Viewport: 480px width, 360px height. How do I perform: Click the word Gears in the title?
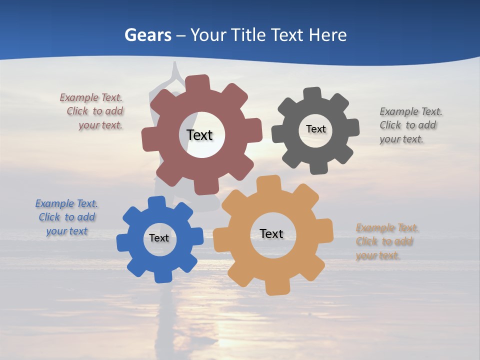[147, 35]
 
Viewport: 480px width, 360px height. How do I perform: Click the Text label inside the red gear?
[199, 135]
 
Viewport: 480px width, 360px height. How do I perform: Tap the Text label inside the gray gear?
[315, 129]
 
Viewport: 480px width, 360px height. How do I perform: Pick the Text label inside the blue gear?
[159, 238]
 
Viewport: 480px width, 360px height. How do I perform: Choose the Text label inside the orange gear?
[271, 233]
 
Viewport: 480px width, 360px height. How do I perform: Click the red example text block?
[92, 111]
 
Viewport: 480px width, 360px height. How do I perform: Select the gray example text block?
[410, 125]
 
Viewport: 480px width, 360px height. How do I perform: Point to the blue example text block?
[67, 217]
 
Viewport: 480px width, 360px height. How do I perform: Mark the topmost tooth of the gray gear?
[313, 94]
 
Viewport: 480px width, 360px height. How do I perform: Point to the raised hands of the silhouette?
[174, 70]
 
